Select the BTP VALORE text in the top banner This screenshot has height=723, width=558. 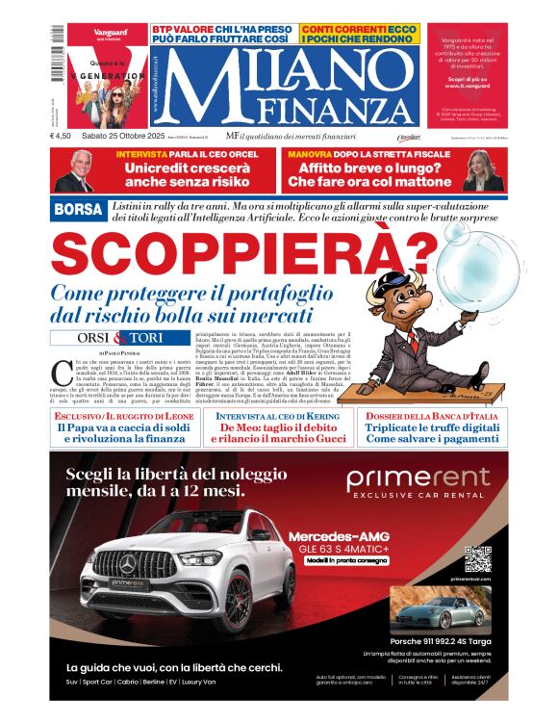click(x=185, y=30)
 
